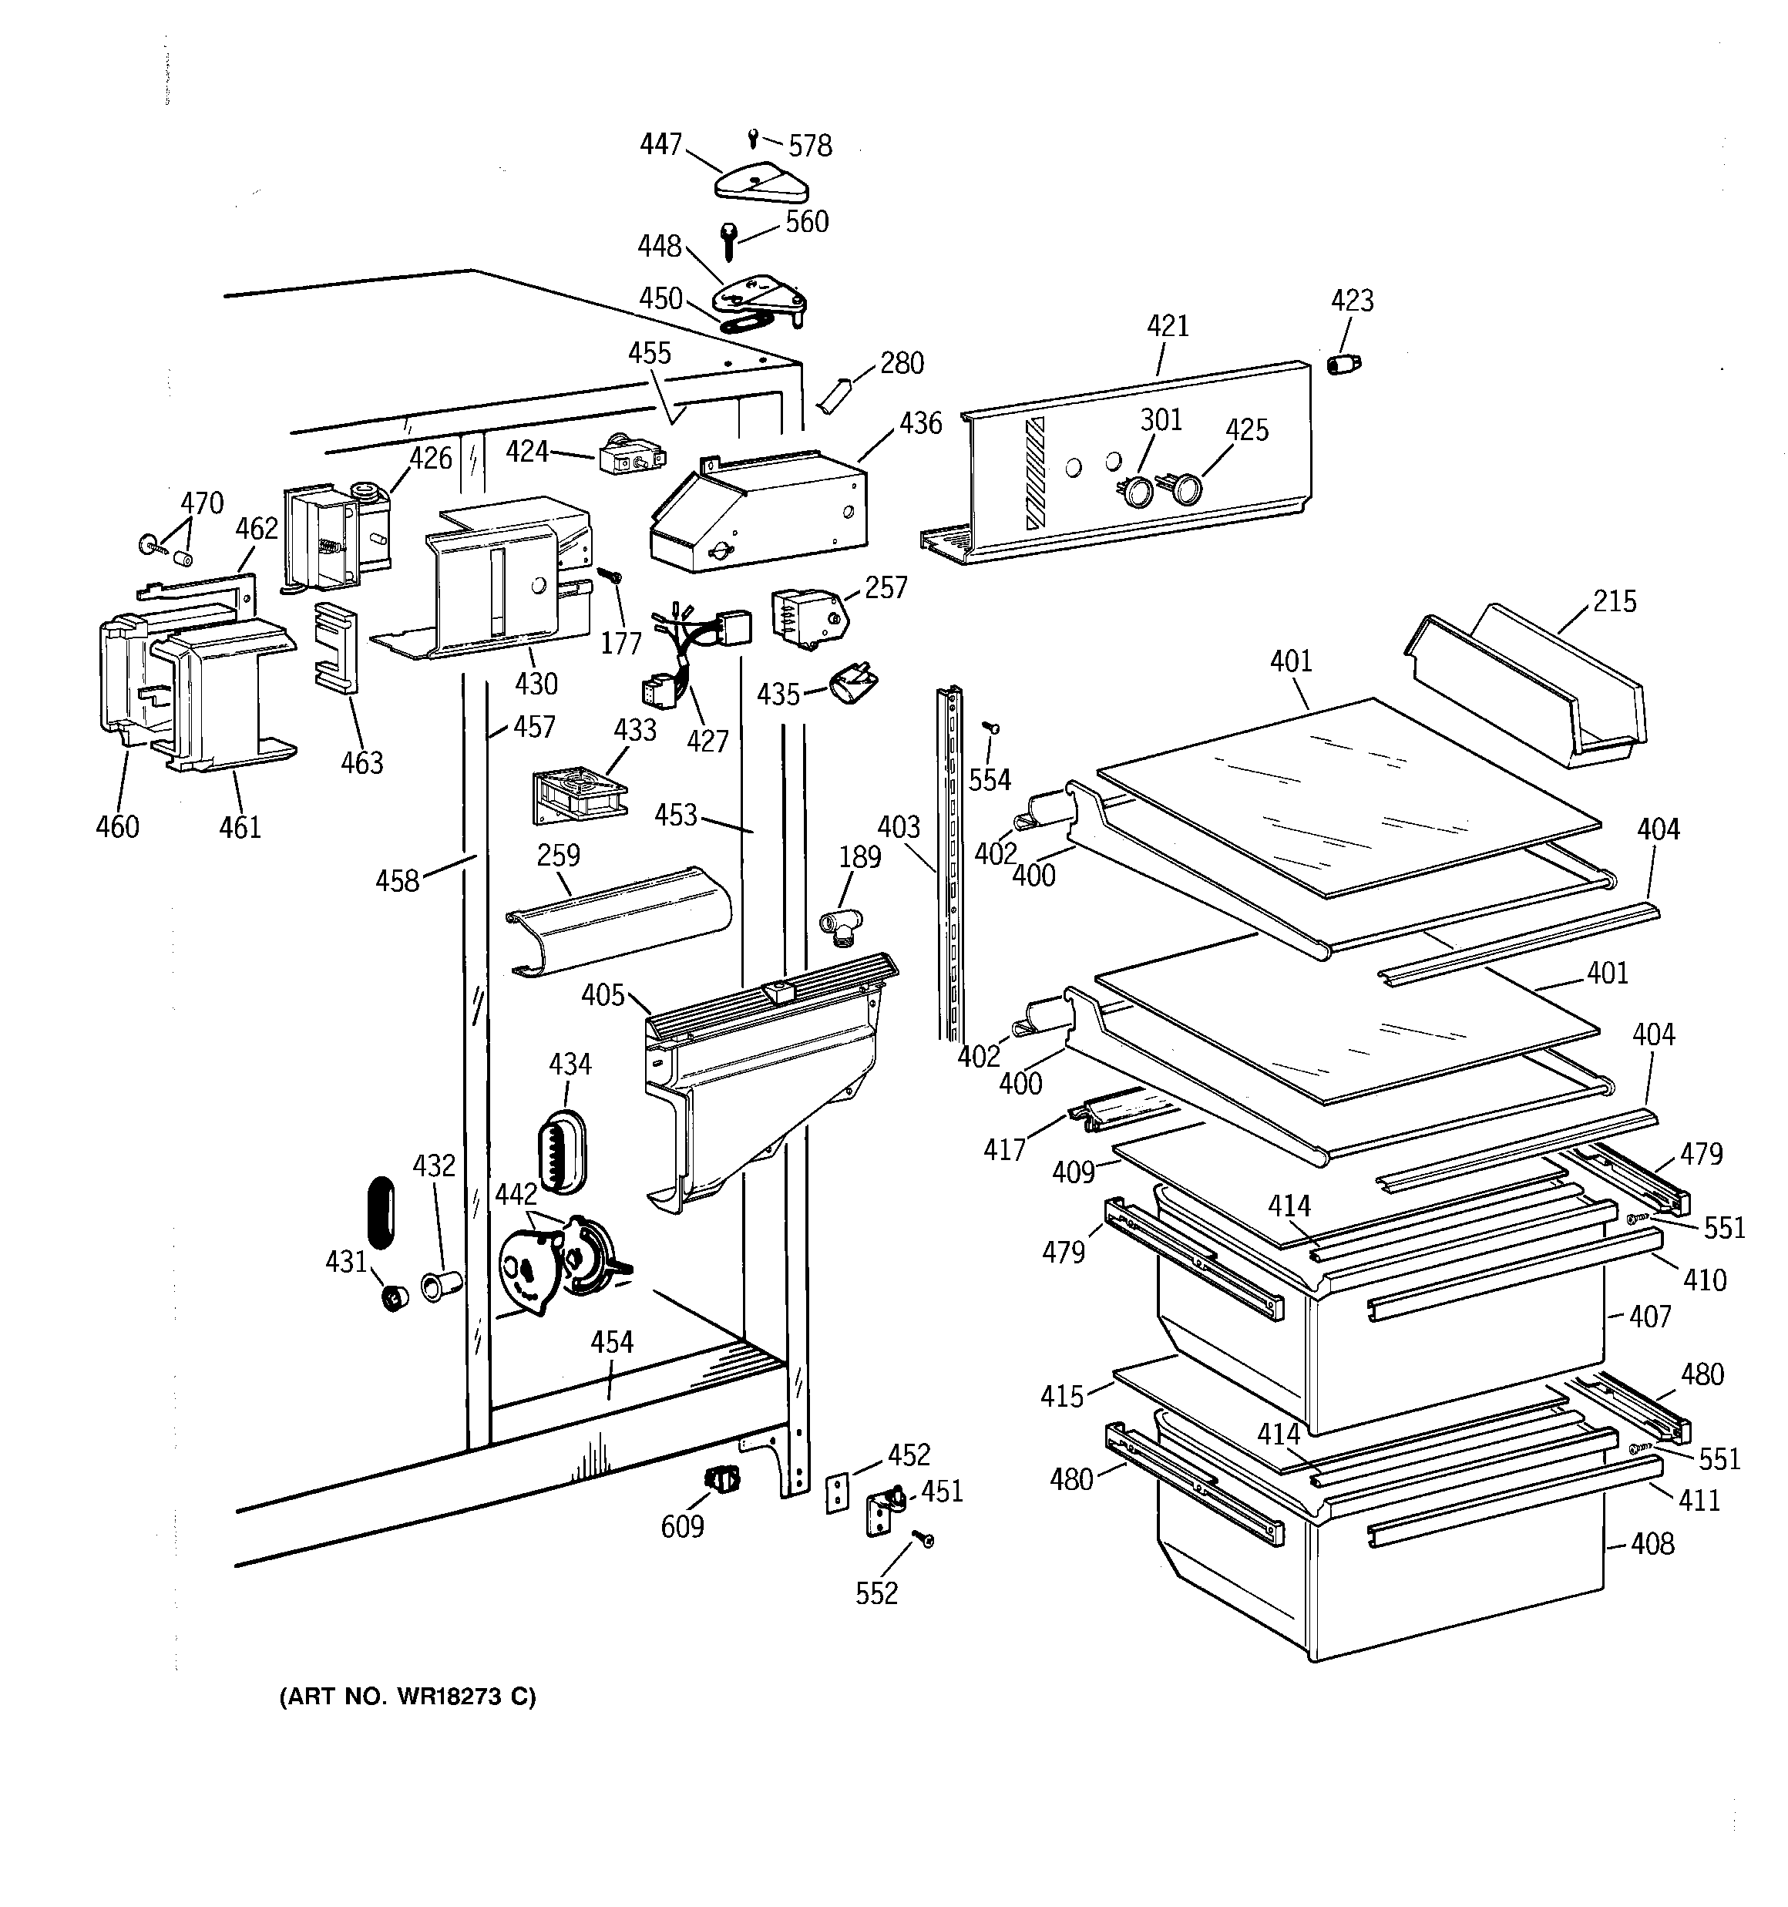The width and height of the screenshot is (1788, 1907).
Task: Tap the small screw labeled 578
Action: tap(754, 138)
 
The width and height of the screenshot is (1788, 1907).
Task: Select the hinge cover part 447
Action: tap(761, 182)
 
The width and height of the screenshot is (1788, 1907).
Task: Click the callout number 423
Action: tap(1352, 301)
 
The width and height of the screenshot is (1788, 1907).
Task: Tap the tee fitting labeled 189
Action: tap(840, 926)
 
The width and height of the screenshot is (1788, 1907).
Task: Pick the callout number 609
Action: tap(682, 1526)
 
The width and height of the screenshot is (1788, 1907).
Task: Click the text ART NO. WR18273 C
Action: tap(408, 1697)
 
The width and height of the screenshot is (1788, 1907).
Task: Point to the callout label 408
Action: tap(1651, 1543)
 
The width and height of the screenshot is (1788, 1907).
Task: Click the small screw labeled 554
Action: tap(992, 729)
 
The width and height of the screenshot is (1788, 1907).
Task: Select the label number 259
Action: tap(558, 855)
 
